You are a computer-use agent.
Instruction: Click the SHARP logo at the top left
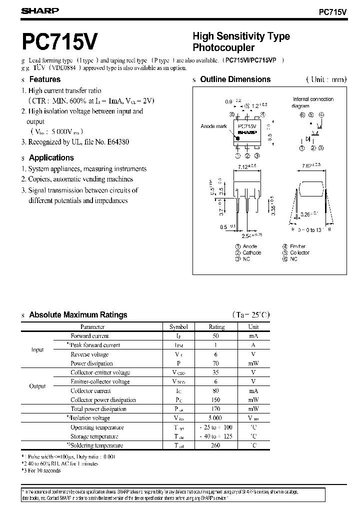(x=40, y=10)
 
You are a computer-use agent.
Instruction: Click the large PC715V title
(x=59, y=42)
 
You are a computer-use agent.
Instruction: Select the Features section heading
(x=44, y=79)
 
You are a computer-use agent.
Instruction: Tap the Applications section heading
(x=51, y=157)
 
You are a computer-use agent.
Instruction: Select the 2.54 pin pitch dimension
(x=249, y=235)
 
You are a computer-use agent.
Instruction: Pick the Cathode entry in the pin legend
(x=251, y=252)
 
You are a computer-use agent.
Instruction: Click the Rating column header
(x=216, y=326)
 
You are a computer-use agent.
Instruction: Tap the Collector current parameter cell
(x=90, y=390)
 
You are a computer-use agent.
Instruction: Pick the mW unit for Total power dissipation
(x=253, y=409)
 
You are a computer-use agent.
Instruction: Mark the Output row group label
(x=37, y=386)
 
